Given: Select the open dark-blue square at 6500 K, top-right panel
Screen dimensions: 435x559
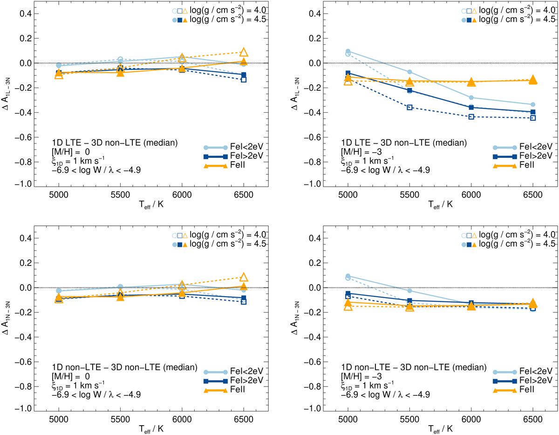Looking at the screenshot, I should click(x=532, y=118).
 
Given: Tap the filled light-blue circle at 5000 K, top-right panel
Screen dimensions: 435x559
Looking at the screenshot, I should click(x=348, y=51).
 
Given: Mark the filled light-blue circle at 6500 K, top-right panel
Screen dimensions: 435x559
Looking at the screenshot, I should click(x=532, y=104).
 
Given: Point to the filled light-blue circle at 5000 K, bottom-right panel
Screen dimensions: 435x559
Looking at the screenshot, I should click(x=348, y=276).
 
